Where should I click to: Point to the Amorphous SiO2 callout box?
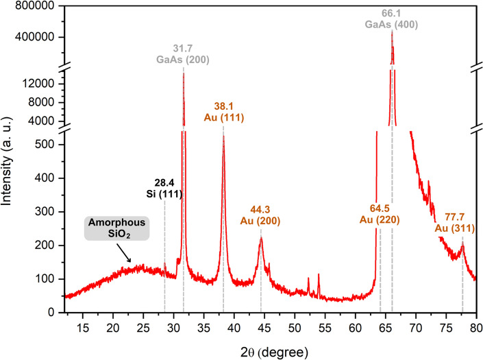(x=116, y=228)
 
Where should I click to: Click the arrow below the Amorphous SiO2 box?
(x=123, y=253)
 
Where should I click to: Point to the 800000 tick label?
(x=34, y=5)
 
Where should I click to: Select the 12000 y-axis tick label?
(x=38, y=84)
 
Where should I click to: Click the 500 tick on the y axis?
(x=45, y=144)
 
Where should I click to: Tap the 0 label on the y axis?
(x=51, y=312)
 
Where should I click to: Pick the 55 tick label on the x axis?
(x=325, y=328)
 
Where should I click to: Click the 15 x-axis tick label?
(x=83, y=328)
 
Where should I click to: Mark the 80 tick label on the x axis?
(x=476, y=328)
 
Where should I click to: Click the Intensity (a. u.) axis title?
(x=6, y=161)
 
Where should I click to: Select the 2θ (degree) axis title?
(x=274, y=352)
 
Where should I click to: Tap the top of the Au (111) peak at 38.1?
(x=223, y=136)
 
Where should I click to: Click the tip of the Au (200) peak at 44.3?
(x=261, y=237)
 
